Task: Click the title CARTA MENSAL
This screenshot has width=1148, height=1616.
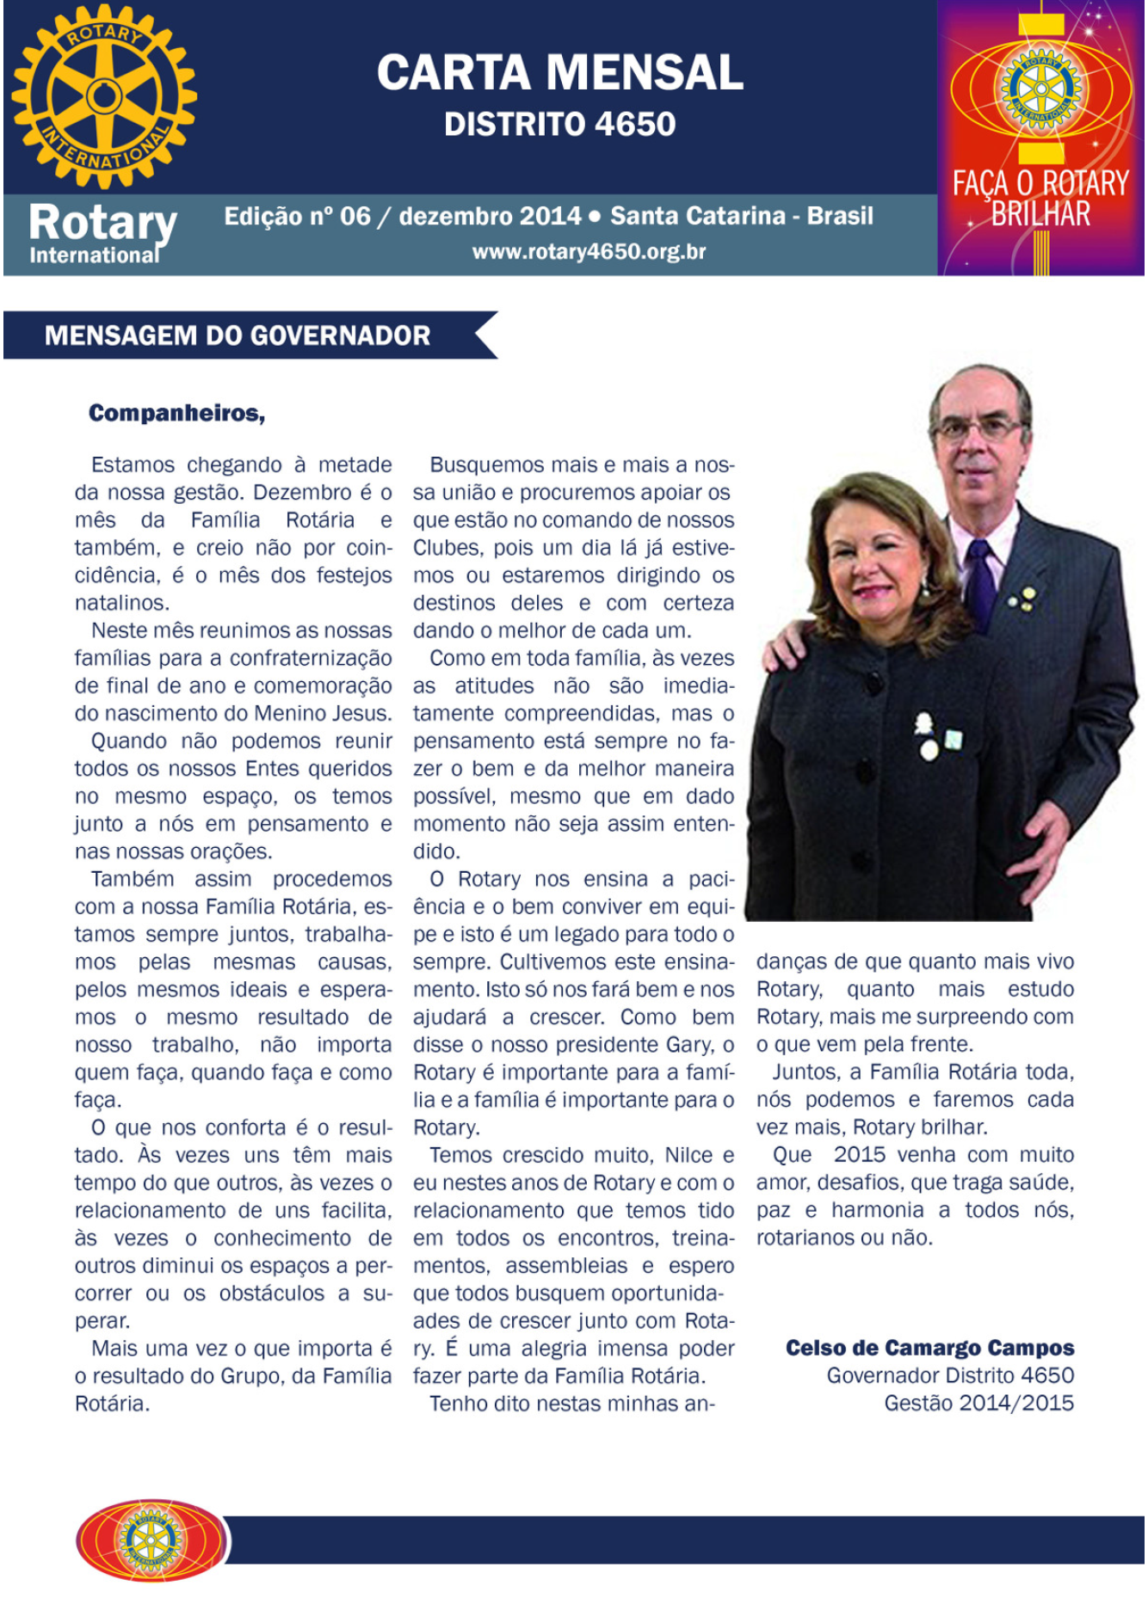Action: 560,72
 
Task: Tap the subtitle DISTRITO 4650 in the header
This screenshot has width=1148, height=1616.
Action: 560,125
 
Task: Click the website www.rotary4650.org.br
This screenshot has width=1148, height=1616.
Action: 589,252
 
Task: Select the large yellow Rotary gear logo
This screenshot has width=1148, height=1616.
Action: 104,96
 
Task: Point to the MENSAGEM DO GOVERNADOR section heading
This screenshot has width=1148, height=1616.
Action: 238,335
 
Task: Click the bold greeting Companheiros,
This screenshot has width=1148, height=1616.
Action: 176,414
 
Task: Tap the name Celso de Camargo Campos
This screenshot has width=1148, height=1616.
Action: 929,1348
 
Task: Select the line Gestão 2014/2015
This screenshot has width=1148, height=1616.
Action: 978,1404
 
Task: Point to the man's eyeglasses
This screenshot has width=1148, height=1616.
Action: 977,427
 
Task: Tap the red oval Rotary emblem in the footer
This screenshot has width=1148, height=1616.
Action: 151,1540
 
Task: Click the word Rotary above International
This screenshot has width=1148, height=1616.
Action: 102,223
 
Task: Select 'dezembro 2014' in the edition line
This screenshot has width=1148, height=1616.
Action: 491,216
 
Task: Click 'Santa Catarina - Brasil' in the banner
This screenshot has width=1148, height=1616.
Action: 742,216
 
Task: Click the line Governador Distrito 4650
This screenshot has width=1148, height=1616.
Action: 950,1376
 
